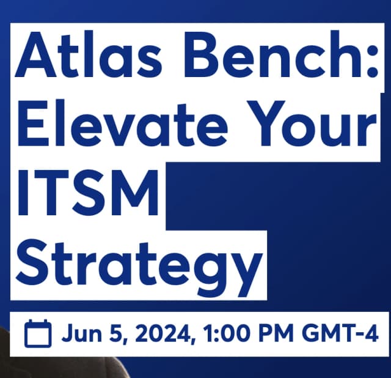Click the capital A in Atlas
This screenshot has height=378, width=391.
(37, 57)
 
